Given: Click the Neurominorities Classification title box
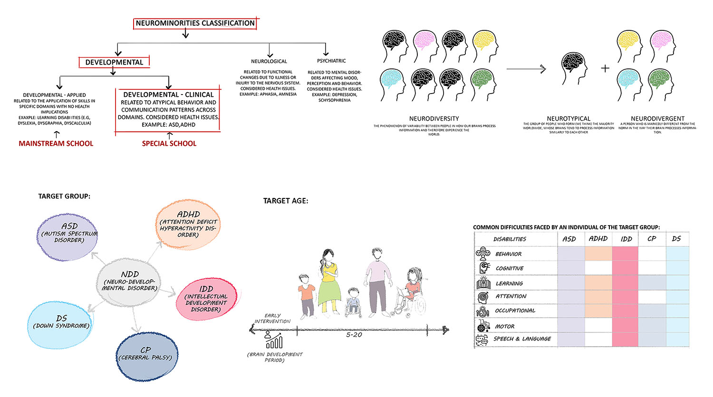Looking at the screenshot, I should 195,23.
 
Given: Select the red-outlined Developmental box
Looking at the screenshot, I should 114,62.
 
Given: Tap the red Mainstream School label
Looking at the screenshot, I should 56,143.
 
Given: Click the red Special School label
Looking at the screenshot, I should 169,143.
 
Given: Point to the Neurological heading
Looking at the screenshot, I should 269,61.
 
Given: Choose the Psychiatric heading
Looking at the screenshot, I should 331,61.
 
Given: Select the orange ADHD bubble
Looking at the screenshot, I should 188,224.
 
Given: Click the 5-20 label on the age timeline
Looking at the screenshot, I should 354,335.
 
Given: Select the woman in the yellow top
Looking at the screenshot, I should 328,280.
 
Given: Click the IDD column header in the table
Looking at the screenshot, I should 626,239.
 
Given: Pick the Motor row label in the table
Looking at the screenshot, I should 504,326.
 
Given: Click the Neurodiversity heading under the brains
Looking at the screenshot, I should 434,118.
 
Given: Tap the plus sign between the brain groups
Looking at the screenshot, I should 605,68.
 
